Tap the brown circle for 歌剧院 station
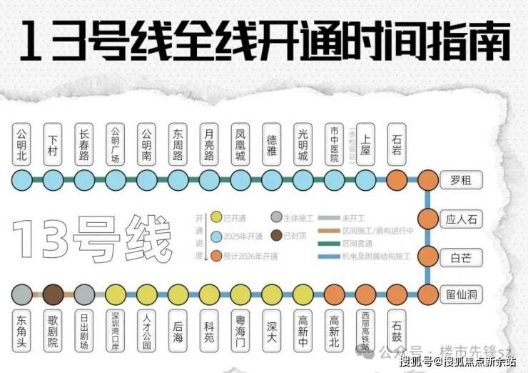click(x=54, y=294)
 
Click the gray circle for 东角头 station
click(x=23, y=294)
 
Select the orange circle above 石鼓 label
click(x=397, y=294)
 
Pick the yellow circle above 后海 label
click(x=178, y=294)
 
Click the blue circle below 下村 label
click(x=54, y=179)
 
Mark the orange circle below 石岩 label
click(x=397, y=179)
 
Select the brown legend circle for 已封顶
click(x=278, y=235)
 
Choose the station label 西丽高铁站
click(x=365, y=330)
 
